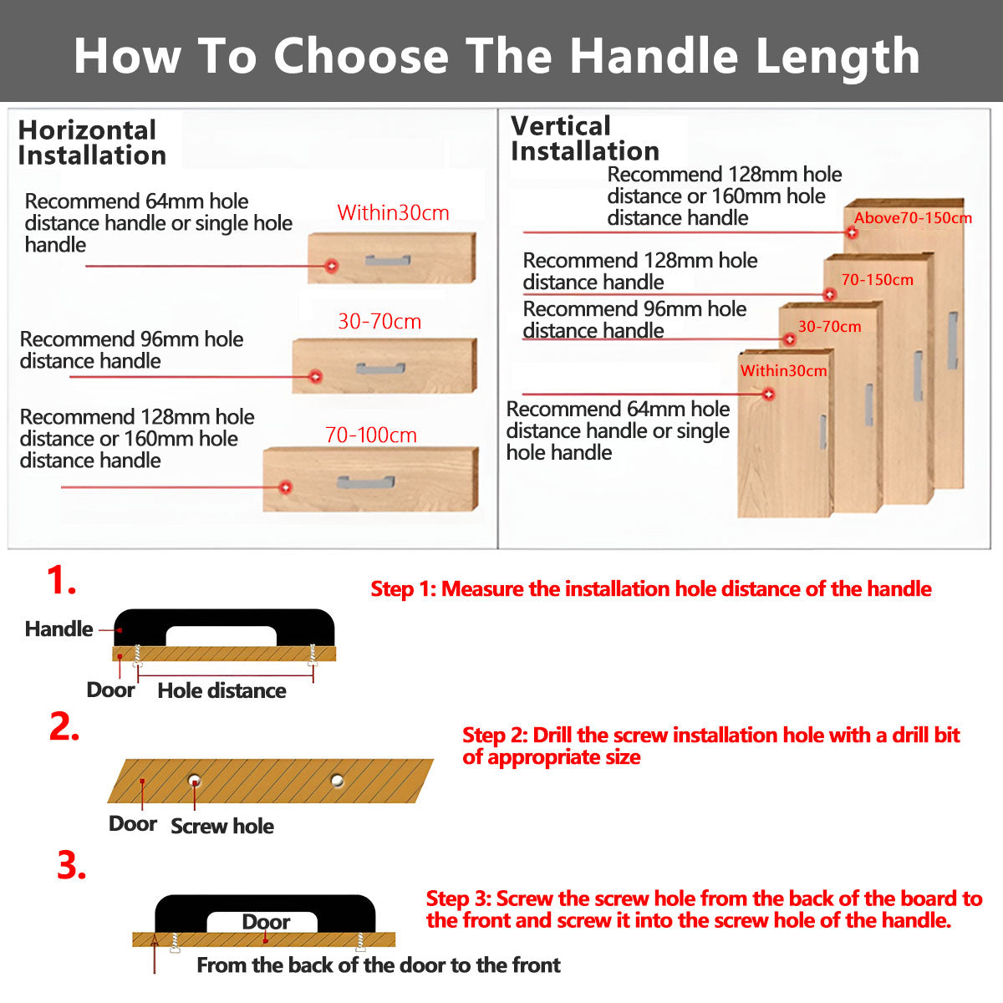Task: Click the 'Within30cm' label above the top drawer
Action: pyautogui.click(x=393, y=213)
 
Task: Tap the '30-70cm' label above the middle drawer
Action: pyautogui.click(x=379, y=322)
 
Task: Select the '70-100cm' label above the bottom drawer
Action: pyautogui.click(x=370, y=435)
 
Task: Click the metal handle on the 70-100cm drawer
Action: pyautogui.click(x=366, y=481)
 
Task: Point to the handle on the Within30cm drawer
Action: pyautogui.click(x=388, y=262)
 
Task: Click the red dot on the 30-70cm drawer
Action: pyautogui.click(x=315, y=376)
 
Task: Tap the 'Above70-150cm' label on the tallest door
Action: pyautogui.click(x=913, y=218)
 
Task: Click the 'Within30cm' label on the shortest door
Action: pyautogui.click(x=783, y=370)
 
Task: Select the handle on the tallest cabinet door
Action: pyautogui.click(x=952, y=340)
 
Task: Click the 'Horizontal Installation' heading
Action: pyautogui.click(x=91, y=143)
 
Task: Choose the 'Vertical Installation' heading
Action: pyautogui.click(x=584, y=139)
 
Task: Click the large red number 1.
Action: pyautogui.click(x=61, y=580)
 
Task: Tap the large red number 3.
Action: pyautogui.click(x=72, y=866)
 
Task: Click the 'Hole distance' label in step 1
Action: pyautogui.click(x=221, y=690)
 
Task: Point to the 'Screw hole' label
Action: pyautogui.click(x=222, y=826)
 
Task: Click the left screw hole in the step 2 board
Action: pyautogui.click(x=194, y=781)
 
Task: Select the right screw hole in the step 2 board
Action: pyautogui.click(x=337, y=781)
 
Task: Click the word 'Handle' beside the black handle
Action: pyautogui.click(x=59, y=629)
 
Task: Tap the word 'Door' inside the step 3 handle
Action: pyautogui.click(x=266, y=922)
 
